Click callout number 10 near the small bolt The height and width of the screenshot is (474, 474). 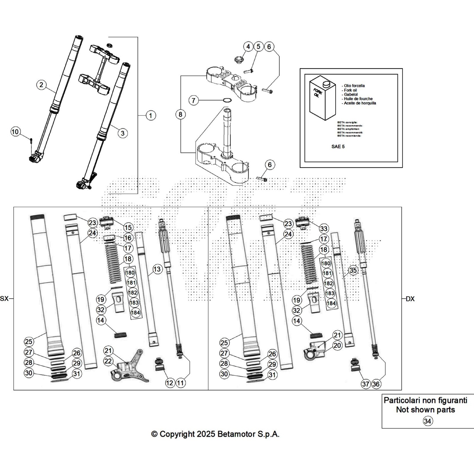[15, 132]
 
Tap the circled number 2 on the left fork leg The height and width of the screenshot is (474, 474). [41, 85]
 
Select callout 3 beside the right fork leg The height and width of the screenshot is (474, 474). [123, 133]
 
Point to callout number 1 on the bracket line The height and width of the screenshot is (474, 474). [150, 115]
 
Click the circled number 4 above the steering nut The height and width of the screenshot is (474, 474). [248, 47]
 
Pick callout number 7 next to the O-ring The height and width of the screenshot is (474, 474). [194, 100]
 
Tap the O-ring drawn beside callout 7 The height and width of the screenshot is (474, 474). [227, 101]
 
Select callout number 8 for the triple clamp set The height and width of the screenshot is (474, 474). [180, 114]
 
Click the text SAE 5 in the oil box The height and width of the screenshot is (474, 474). [338, 147]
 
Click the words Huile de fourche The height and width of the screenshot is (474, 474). [358, 99]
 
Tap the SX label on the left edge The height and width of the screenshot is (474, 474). [4, 299]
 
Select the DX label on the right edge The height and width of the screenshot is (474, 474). [410, 299]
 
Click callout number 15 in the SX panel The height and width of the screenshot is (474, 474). [128, 228]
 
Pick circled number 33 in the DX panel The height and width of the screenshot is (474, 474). [324, 229]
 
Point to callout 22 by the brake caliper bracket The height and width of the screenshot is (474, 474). [108, 361]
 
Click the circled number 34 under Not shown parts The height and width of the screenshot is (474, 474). [427, 421]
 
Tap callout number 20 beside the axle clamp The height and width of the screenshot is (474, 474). [337, 345]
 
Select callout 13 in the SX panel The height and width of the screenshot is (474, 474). [157, 269]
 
